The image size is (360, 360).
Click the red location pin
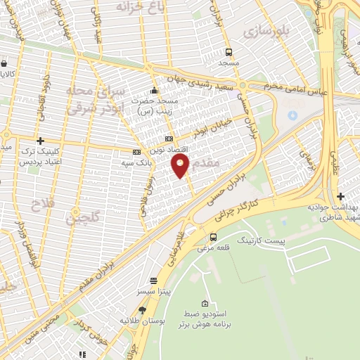point(181,166)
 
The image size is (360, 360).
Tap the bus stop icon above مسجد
point(229,51)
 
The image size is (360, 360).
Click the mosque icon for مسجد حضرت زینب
point(154,90)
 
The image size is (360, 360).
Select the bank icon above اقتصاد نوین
point(168,139)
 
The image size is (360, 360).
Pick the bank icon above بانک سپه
point(136,152)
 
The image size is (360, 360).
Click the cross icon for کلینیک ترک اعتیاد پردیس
point(41,141)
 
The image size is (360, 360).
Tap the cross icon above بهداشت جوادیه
point(340,196)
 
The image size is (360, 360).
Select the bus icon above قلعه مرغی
point(214,236)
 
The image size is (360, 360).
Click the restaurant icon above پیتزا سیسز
point(153,279)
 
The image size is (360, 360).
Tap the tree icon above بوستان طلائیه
point(142,309)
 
